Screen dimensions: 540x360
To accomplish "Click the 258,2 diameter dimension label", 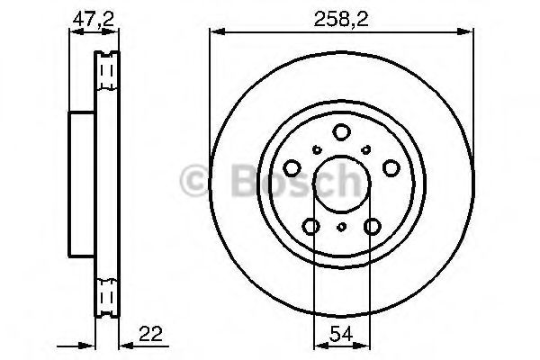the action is pos(341,19).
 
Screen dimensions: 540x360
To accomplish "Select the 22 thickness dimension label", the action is pos(150,334).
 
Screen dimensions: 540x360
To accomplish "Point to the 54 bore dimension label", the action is pos(341,334).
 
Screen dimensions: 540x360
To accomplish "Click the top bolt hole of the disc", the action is pos(342,132).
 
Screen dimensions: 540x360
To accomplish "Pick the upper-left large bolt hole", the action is pos(292,168).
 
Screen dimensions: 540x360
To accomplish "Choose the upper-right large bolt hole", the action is pos(391,168).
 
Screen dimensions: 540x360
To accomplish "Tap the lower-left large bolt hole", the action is pos(311,226).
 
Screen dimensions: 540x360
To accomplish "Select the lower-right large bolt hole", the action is pos(373,226).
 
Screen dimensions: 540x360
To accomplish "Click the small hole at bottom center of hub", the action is pos(342,227).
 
